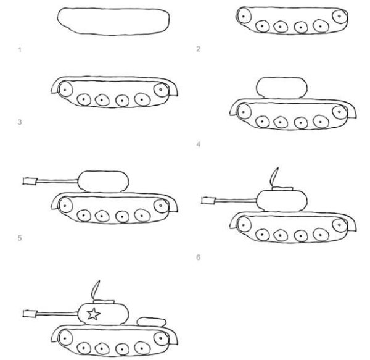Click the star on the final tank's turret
[x=93, y=314]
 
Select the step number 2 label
[x=198, y=49]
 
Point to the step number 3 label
[x=20, y=122]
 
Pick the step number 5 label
[x=20, y=237]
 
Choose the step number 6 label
[x=198, y=256]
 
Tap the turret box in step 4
[x=281, y=86]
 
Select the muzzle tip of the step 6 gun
[x=208, y=199]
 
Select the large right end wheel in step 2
[x=339, y=15]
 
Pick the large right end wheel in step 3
[x=162, y=90]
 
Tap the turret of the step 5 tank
[x=104, y=179]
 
